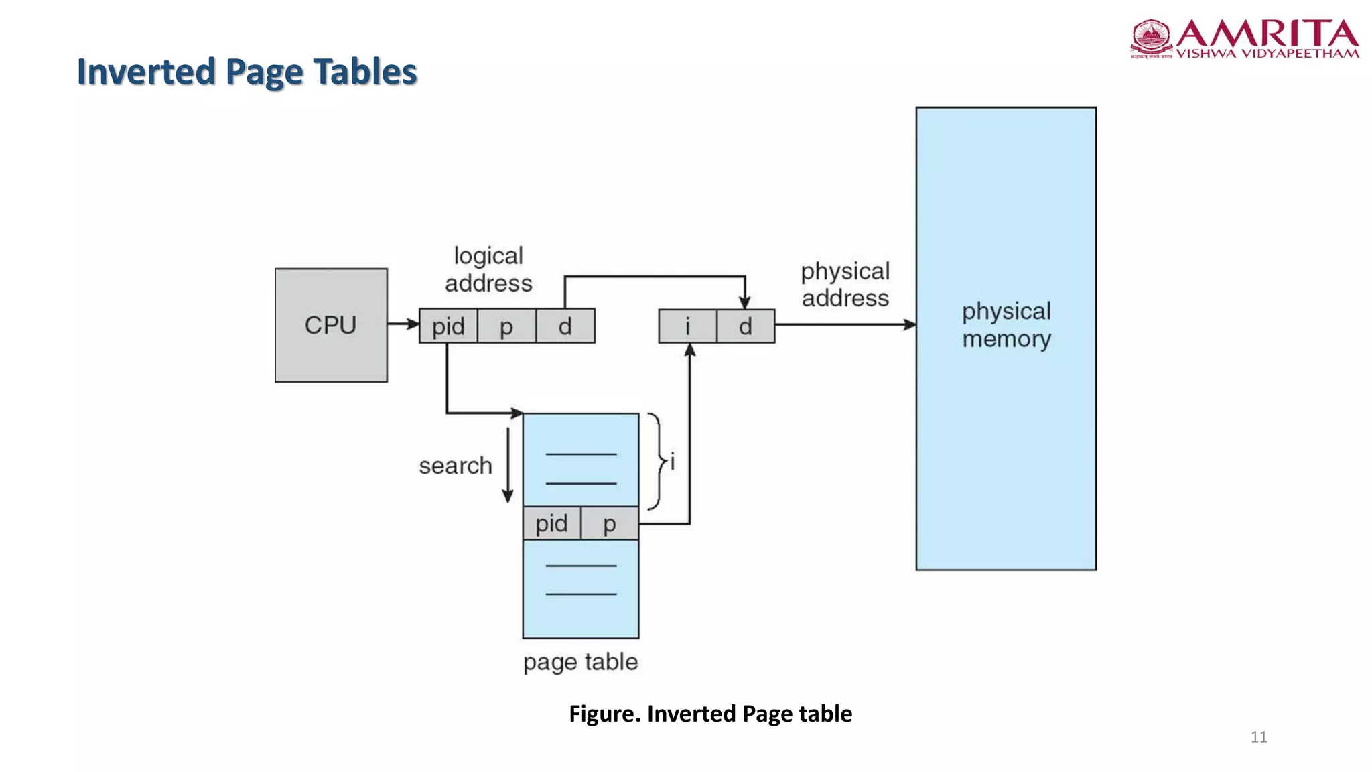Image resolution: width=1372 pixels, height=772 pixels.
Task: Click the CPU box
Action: click(331, 326)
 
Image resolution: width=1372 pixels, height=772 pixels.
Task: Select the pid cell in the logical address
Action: click(448, 326)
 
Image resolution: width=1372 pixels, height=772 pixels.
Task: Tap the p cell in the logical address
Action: click(506, 326)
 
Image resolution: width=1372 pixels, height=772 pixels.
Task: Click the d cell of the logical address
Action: click(565, 326)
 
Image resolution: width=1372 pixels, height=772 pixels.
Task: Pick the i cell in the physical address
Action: click(687, 326)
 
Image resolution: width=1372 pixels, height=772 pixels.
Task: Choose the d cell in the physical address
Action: click(746, 326)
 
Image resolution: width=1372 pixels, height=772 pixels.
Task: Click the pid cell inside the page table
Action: click(551, 523)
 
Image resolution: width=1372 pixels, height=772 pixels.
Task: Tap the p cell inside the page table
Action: click(610, 523)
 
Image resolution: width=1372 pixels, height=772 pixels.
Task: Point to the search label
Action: click(456, 466)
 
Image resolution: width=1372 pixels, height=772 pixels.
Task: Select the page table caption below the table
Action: click(580, 662)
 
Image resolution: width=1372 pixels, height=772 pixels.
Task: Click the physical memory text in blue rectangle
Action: click(1006, 325)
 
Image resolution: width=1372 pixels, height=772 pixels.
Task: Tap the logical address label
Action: click(488, 269)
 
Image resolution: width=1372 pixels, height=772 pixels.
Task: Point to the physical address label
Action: click(845, 284)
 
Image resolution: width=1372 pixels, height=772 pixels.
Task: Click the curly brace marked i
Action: click(659, 462)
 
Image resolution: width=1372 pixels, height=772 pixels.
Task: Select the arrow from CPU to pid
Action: click(403, 324)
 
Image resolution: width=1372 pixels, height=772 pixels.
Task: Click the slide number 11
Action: click(1259, 737)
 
